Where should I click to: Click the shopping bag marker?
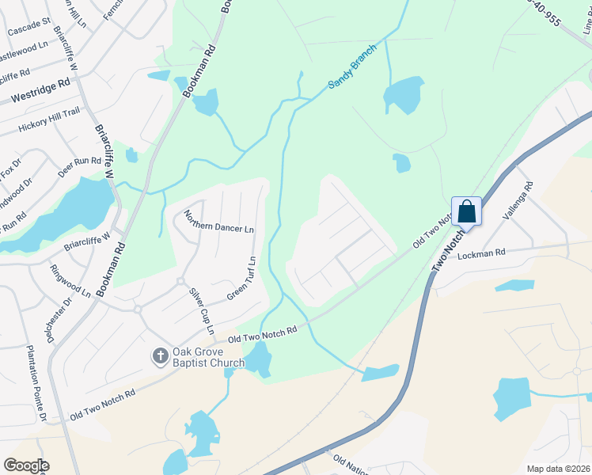(x=467, y=211)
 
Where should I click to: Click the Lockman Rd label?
(x=480, y=254)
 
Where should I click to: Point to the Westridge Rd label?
(x=41, y=91)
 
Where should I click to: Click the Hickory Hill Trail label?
(x=49, y=119)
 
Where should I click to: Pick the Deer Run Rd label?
(x=79, y=166)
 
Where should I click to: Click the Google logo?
(x=26, y=465)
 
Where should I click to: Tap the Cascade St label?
(x=29, y=31)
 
